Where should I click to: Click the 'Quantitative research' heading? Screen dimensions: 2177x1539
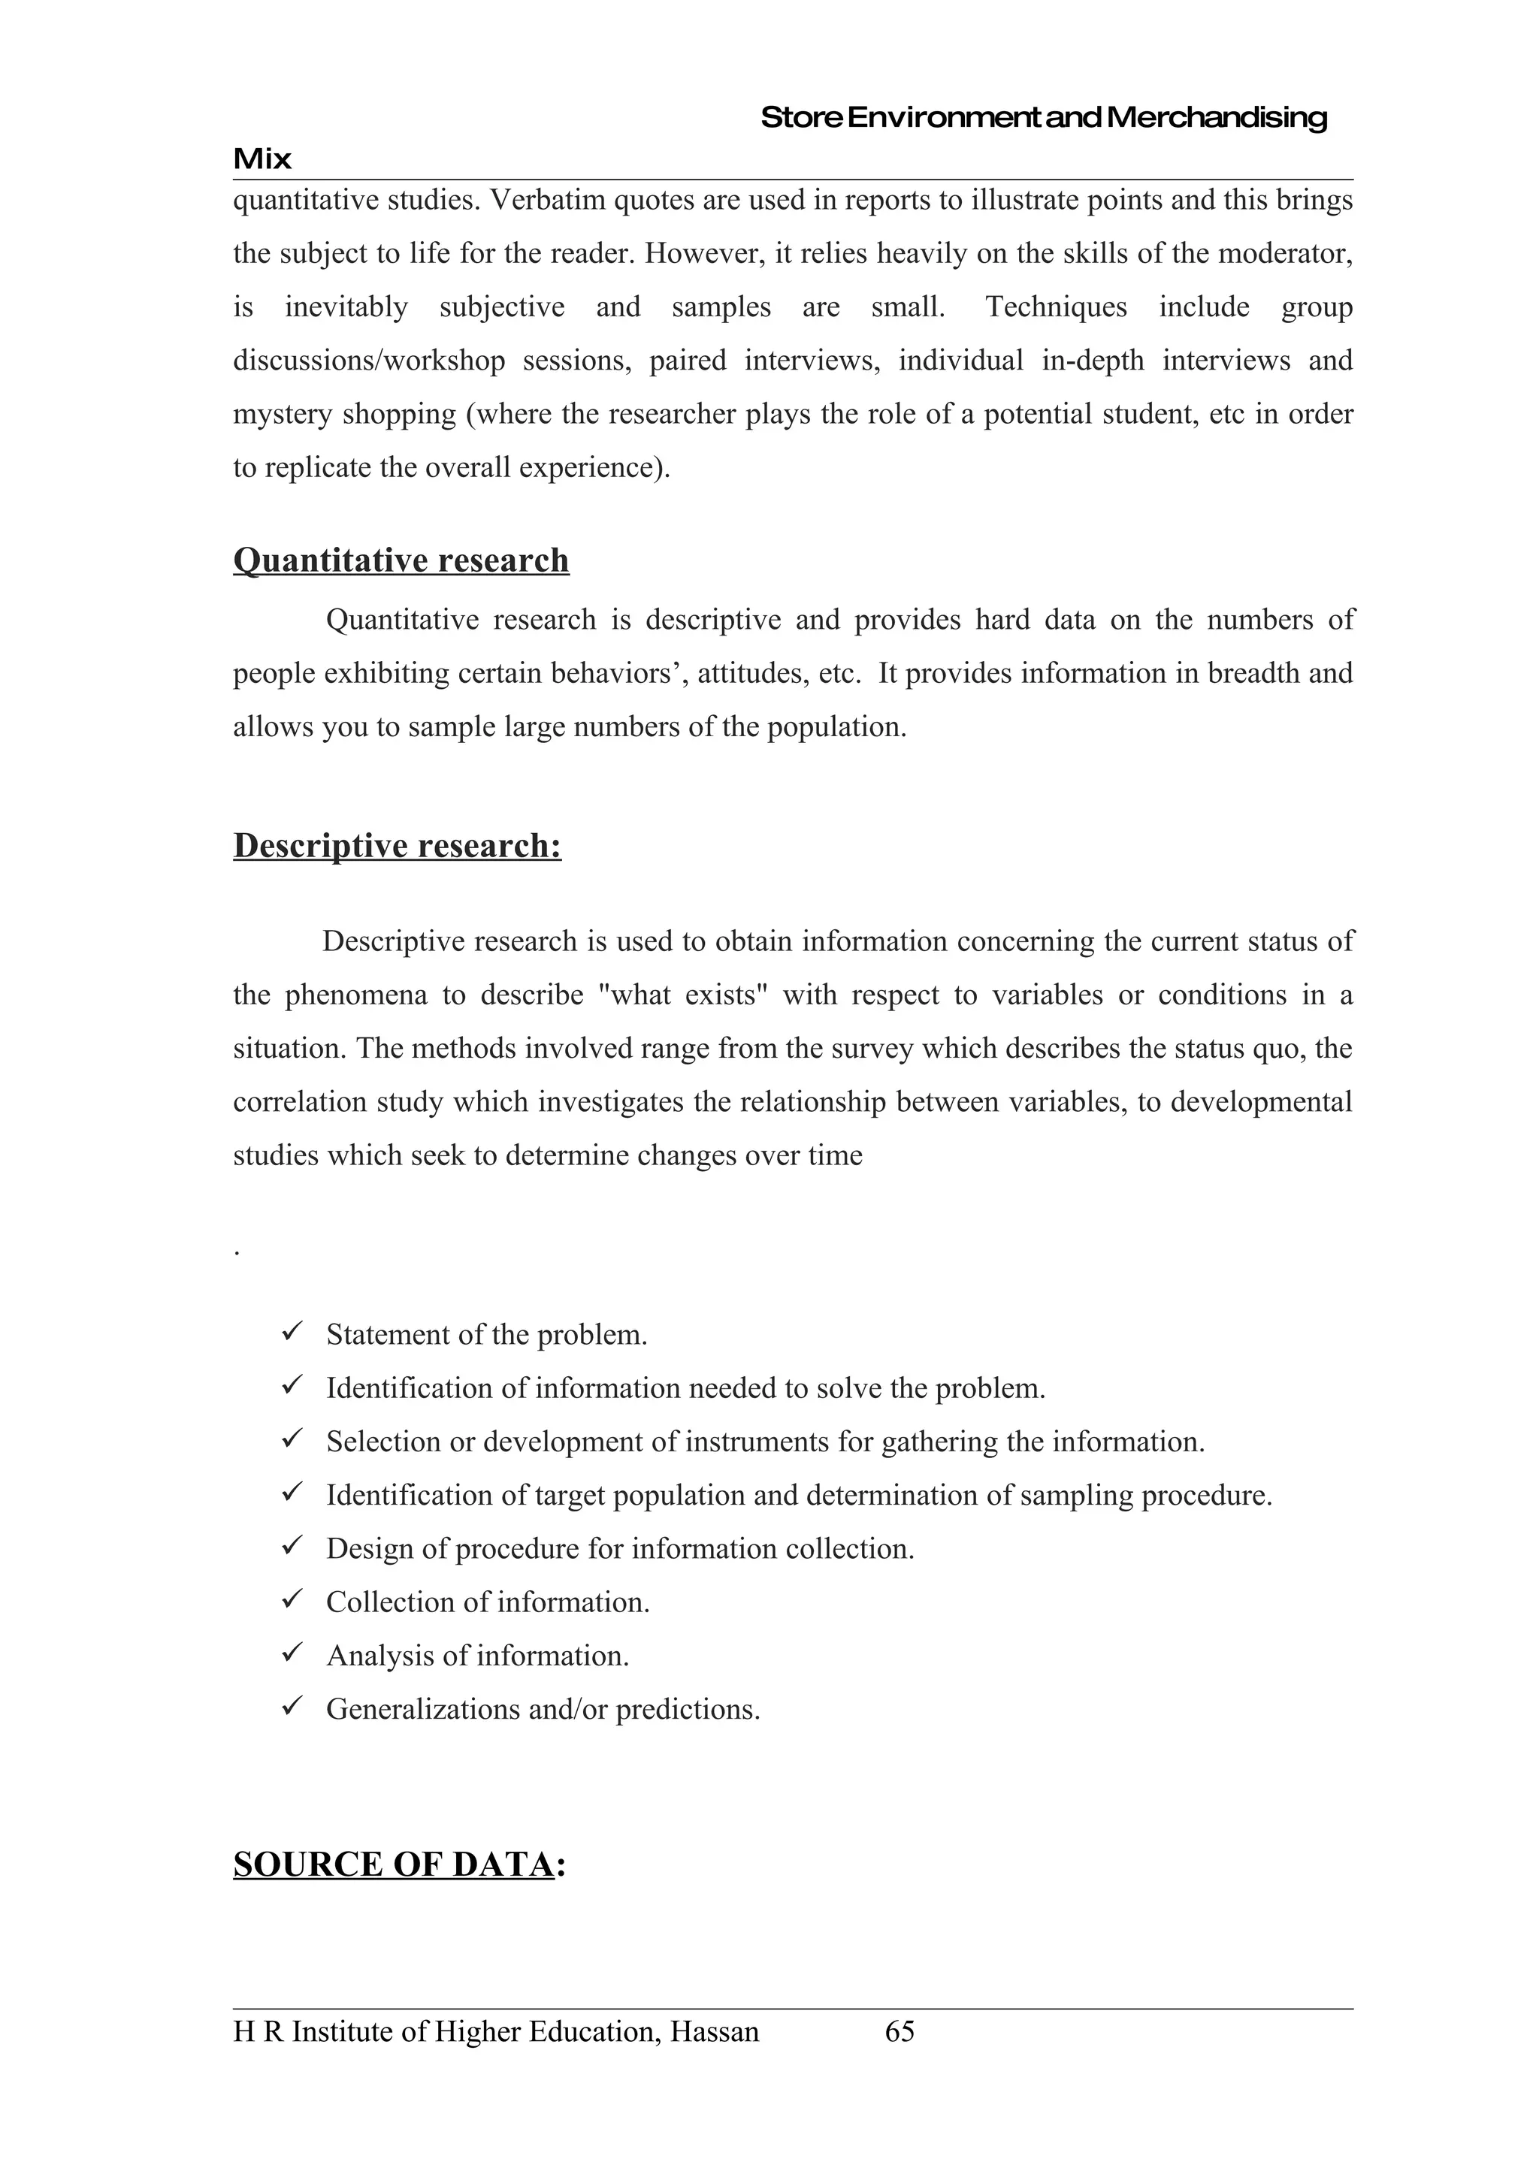401,560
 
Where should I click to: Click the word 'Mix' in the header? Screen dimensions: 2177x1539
262,159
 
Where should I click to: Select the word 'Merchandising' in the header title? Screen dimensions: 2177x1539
1217,118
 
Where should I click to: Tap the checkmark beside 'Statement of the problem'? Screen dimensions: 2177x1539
291,1332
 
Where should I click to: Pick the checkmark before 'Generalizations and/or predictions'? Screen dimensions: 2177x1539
291,1707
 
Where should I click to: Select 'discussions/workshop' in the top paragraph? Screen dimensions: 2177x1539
369,361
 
